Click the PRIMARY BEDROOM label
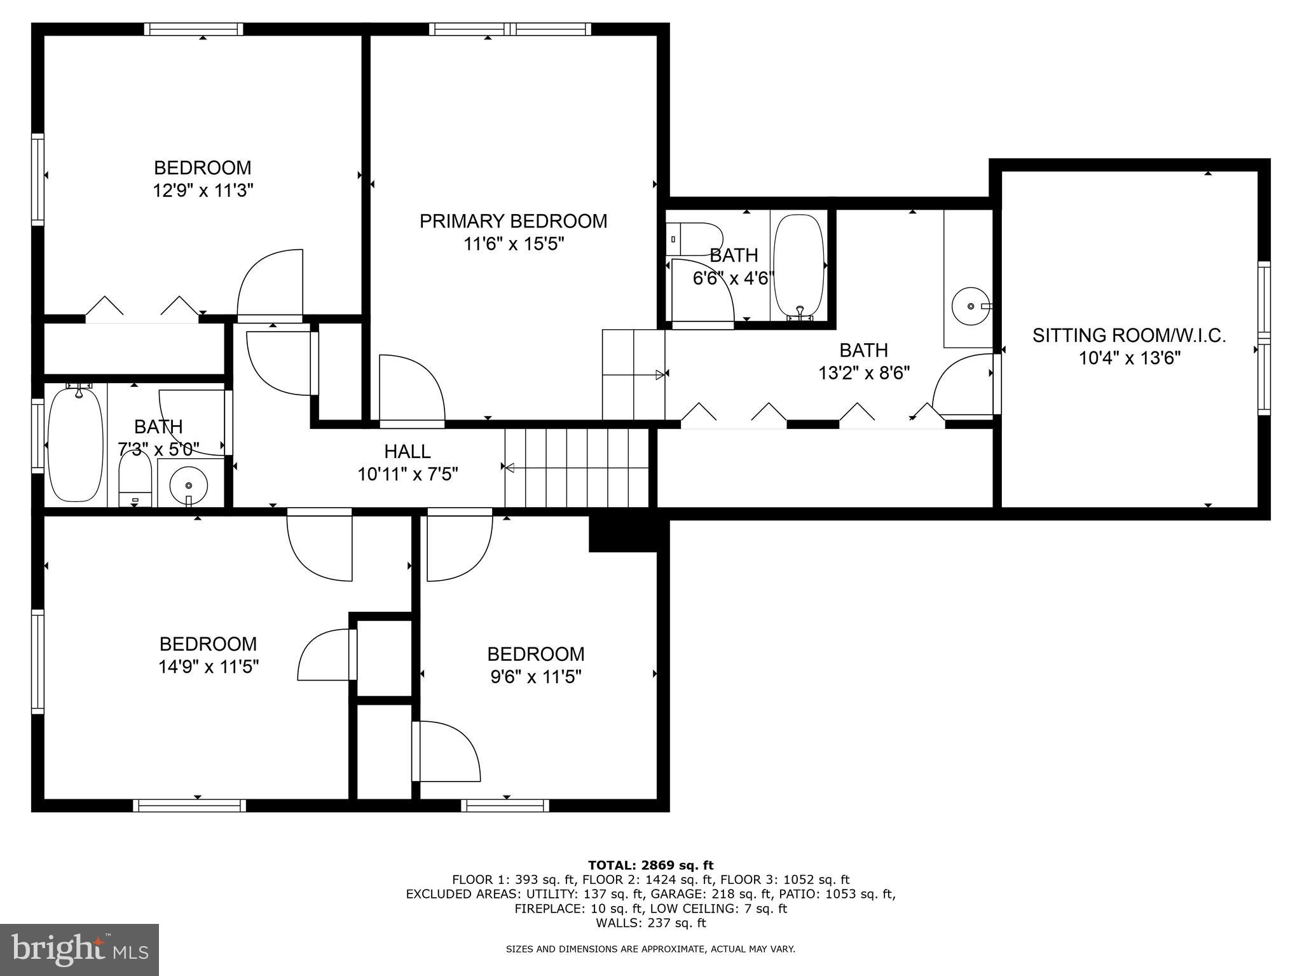[x=513, y=221]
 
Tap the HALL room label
[x=407, y=451]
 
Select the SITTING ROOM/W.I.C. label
[x=1128, y=335]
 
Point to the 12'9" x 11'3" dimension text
[x=203, y=191]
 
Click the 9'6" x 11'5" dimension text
[x=535, y=677]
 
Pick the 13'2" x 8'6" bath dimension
[x=863, y=372]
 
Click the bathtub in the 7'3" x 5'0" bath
[x=75, y=445]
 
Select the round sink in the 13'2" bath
[x=970, y=306]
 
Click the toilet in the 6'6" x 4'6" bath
[x=693, y=238]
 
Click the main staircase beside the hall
[x=575, y=468]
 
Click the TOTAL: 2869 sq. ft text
[x=650, y=865]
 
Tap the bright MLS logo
[x=79, y=949]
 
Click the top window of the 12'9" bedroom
[x=193, y=29]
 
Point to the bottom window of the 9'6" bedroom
[x=505, y=806]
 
